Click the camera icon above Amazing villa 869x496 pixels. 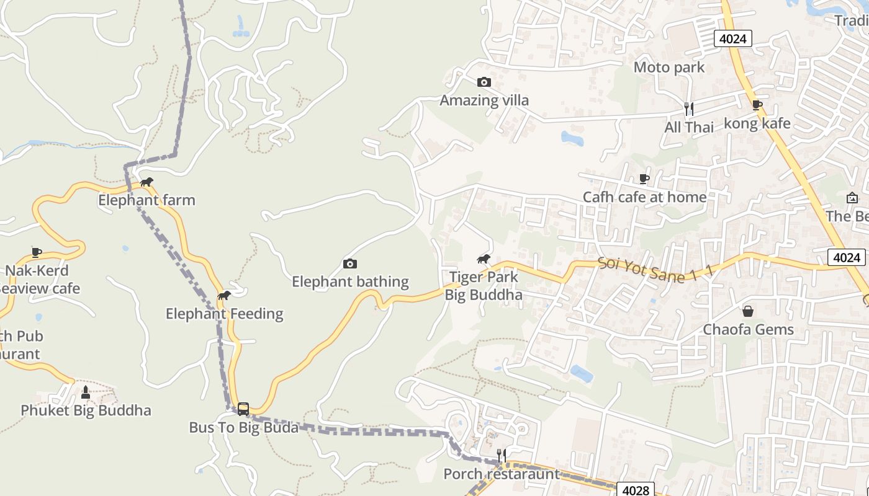(484, 82)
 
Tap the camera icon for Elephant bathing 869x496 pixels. (350, 264)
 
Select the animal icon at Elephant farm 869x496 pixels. (146, 182)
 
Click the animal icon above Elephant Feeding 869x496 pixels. (224, 296)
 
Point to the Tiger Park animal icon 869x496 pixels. (484, 259)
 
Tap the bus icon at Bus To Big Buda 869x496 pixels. (243, 409)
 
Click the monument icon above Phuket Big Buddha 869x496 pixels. (86, 392)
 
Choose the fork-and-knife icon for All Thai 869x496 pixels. (688, 109)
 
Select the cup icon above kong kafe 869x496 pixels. (757, 105)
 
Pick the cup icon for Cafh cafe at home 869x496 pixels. (644, 179)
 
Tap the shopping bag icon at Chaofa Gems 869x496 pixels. (748, 311)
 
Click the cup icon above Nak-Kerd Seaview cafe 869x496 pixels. (37, 252)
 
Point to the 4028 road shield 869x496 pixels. (635, 490)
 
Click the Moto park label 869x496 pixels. (669, 67)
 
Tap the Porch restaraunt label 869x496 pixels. (502, 474)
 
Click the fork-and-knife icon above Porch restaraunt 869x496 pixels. (502, 456)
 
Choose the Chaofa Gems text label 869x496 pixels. (748, 329)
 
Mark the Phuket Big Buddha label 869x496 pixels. (86, 410)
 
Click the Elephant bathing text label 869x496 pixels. (350, 282)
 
